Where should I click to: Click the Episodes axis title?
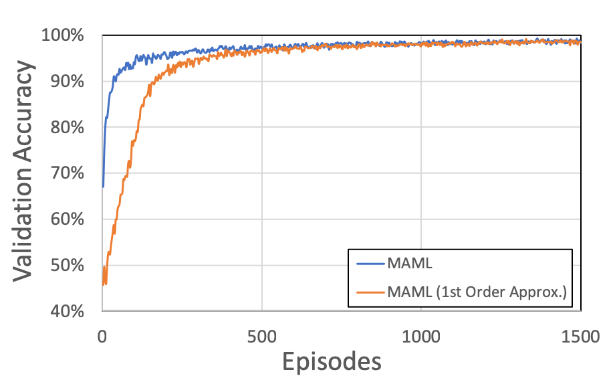tap(332, 361)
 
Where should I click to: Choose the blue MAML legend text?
tap(409, 263)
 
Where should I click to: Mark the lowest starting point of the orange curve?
tap(104, 285)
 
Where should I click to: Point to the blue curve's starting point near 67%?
tap(103, 187)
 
